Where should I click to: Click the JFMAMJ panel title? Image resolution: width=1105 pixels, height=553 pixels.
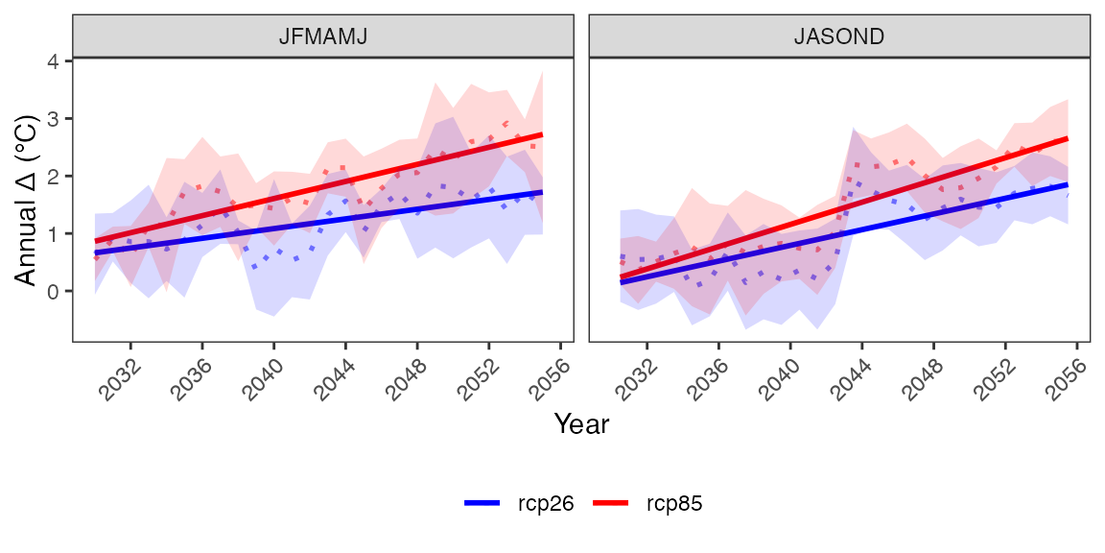pos(322,36)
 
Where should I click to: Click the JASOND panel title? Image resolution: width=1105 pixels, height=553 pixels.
pos(838,36)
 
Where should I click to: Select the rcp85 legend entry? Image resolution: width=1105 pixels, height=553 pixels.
pos(647,503)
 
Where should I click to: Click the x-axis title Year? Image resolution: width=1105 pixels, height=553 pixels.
pos(581,424)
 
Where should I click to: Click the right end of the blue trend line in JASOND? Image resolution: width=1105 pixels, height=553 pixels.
pos(1068,184)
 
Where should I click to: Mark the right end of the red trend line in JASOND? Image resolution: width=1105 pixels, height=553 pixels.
pos(1068,138)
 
